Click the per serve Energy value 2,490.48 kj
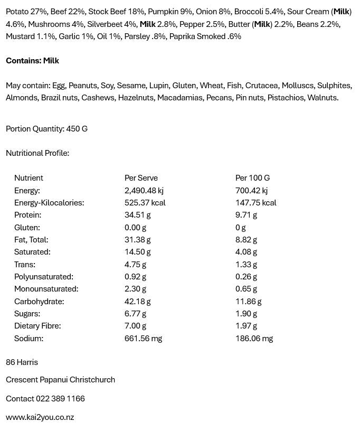[144, 191]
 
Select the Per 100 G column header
[252, 178]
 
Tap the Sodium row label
[29, 339]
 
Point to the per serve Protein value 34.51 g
[138, 215]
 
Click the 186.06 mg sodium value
[254, 339]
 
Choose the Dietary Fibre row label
[37, 326]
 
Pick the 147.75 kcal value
[256, 203]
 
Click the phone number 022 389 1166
[60, 399]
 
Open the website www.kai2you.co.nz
[40, 417]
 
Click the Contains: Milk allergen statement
[32, 61]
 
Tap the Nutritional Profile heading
[37, 153]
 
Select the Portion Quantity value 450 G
[77, 129]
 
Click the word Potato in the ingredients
[17, 12]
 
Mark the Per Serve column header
[141, 178]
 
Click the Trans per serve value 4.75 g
[136, 265]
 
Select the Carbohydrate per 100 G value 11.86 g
[249, 302]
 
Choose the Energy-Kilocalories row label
[49, 203]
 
